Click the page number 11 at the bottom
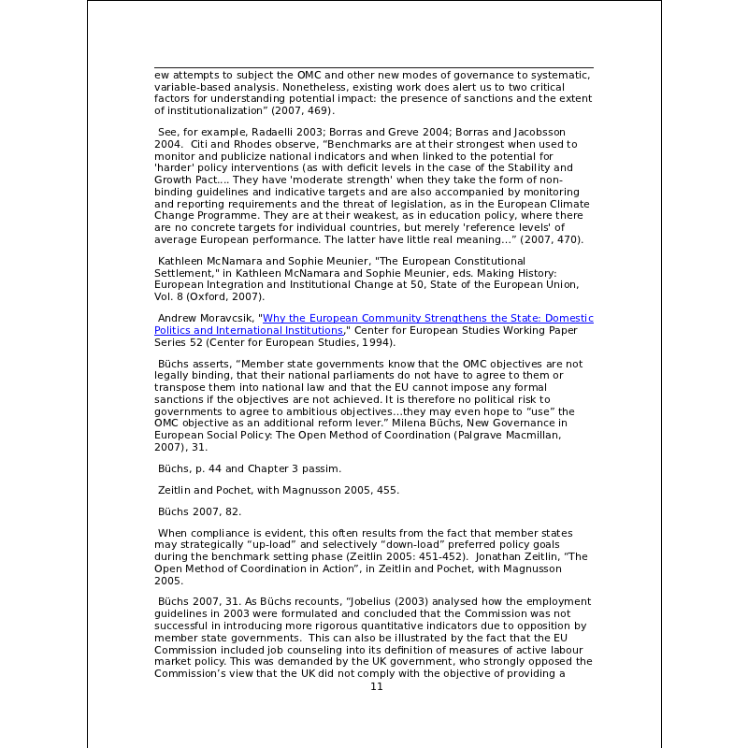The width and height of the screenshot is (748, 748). [x=377, y=686]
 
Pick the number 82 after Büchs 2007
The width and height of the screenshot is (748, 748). [x=230, y=511]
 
